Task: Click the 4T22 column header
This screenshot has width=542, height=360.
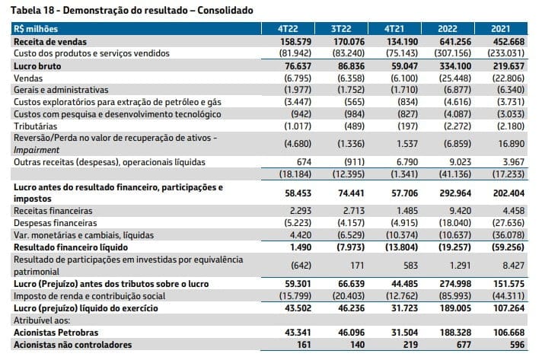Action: [288, 29]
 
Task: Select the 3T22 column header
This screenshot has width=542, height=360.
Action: [341, 29]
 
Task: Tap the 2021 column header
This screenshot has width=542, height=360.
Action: [501, 29]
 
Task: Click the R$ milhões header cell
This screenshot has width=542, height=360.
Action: [36, 29]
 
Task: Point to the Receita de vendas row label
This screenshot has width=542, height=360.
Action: [50, 42]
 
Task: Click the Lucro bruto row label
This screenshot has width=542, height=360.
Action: [37, 66]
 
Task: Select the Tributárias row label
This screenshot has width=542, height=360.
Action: [35, 126]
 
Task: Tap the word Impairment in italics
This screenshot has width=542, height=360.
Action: [37, 150]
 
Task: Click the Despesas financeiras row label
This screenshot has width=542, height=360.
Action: [56, 223]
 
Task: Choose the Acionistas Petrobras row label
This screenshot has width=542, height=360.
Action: [56, 333]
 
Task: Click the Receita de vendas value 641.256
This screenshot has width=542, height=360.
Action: [455, 42]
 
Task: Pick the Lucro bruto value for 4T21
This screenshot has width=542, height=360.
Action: [404, 66]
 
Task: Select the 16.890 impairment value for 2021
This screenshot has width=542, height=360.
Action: [511, 144]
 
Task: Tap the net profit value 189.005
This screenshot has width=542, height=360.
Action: [455, 308]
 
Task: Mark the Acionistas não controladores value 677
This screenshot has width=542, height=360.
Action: [463, 345]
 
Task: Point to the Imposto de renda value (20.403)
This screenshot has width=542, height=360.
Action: [349, 296]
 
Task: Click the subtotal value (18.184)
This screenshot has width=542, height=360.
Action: [295, 174]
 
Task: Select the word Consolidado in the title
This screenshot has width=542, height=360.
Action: [225, 11]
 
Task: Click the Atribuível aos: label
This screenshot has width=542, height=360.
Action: [42, 320]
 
